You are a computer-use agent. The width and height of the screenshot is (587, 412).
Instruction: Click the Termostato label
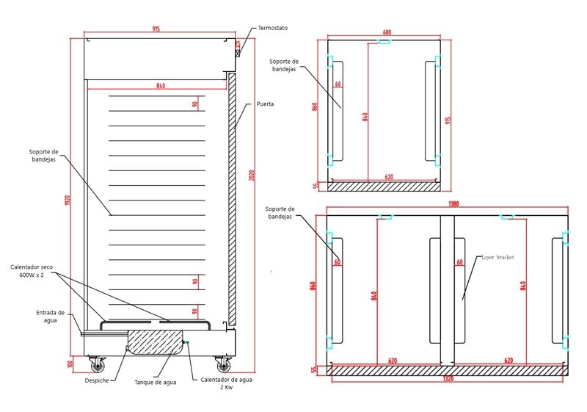coord(272,28)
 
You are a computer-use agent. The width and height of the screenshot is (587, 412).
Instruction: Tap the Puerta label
coord(265,104)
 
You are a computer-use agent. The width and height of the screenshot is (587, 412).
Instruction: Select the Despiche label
coord(97,380)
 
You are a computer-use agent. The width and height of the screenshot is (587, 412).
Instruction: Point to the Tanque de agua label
coord(156,383)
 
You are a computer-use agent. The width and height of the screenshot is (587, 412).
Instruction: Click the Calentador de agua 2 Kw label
coord(226,383)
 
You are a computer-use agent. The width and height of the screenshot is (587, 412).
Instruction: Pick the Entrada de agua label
coord(50,317)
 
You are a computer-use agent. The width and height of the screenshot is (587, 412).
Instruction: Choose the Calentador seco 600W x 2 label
coord(32,271)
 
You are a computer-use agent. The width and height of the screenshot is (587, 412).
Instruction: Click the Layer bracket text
coord(497,257)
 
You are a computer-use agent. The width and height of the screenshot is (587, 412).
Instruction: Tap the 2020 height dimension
coord(252,176)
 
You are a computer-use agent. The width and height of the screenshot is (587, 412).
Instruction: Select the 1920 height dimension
coord(68,200)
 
